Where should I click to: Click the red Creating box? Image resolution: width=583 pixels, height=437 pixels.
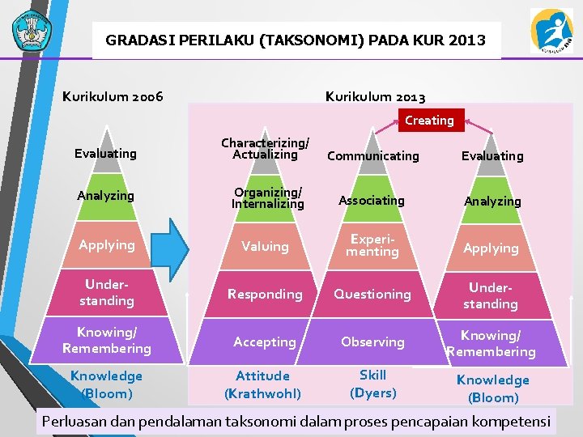429,121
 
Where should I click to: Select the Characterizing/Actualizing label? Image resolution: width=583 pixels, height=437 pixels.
265,149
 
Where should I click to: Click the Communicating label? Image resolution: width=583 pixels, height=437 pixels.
372,155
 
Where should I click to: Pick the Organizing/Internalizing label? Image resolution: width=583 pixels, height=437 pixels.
267,198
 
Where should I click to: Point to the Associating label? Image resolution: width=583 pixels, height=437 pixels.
371,200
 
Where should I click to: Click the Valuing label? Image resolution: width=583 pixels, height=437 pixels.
265,246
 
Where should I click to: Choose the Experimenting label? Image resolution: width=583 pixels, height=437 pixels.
372,246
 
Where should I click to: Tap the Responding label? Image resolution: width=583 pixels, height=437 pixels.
265,295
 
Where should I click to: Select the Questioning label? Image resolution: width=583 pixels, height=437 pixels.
372,295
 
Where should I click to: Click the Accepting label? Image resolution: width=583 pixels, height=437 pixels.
265,342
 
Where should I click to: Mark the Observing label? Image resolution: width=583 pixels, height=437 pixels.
372,342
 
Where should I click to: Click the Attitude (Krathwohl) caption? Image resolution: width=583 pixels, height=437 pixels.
262,384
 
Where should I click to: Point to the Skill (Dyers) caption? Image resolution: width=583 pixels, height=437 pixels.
372,384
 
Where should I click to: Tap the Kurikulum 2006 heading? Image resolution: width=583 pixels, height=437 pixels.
113,97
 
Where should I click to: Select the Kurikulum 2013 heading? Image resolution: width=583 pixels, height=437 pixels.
375,97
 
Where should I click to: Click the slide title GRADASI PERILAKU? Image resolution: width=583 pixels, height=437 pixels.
296,39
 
